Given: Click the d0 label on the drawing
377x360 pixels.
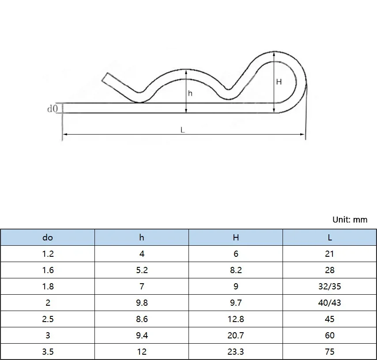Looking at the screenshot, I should tap(53, 108).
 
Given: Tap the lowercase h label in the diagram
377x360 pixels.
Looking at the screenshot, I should tap(190, 94).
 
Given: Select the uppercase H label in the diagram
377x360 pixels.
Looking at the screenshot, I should tap(279, 82).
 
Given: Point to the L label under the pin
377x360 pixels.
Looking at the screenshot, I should tap(182, 130).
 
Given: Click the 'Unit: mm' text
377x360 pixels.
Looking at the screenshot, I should tap(350, 220).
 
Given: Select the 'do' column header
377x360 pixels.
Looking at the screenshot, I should tap(48, 237).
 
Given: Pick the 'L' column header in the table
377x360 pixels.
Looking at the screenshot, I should tap(330, 237).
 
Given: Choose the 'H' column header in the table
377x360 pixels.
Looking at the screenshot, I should tap(236, 237).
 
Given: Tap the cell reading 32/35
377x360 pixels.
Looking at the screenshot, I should tap(330, 286).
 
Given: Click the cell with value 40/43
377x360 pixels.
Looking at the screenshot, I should tap(330, 303).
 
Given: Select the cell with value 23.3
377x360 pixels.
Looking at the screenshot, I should tap(236, 352).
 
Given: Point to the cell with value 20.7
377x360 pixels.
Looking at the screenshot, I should tap(236, 335).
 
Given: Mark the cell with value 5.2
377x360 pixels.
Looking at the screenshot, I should tap(142, 270).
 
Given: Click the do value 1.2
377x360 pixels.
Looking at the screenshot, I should tap(48, 254).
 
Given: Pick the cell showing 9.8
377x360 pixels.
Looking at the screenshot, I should tap(142, 303).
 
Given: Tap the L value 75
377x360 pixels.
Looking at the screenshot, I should tap(330, 352).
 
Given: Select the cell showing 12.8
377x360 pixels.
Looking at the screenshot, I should tap(236, 319).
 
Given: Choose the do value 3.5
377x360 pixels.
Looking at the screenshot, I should tap(48, 352).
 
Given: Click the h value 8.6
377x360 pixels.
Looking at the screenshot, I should tap(142, 319).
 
